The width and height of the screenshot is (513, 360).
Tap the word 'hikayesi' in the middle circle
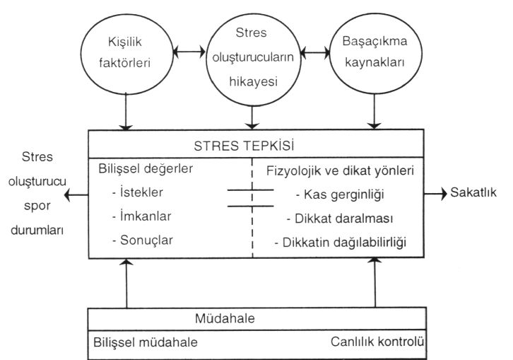253,81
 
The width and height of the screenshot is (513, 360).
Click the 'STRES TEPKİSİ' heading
244,146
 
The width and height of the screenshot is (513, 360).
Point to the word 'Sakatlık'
473,192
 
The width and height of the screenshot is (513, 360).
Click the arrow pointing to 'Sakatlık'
435,194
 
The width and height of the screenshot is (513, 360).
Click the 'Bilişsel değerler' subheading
146,169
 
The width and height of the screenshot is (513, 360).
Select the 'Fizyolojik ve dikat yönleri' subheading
341,170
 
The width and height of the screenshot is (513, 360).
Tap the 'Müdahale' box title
225,318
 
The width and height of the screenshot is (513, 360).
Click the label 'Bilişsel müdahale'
146,342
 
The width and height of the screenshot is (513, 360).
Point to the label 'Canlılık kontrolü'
377,342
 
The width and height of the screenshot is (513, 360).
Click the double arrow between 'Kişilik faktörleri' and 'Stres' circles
189,52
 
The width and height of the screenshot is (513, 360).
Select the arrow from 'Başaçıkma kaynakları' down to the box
375,111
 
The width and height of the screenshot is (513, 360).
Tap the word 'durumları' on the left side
37,230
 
